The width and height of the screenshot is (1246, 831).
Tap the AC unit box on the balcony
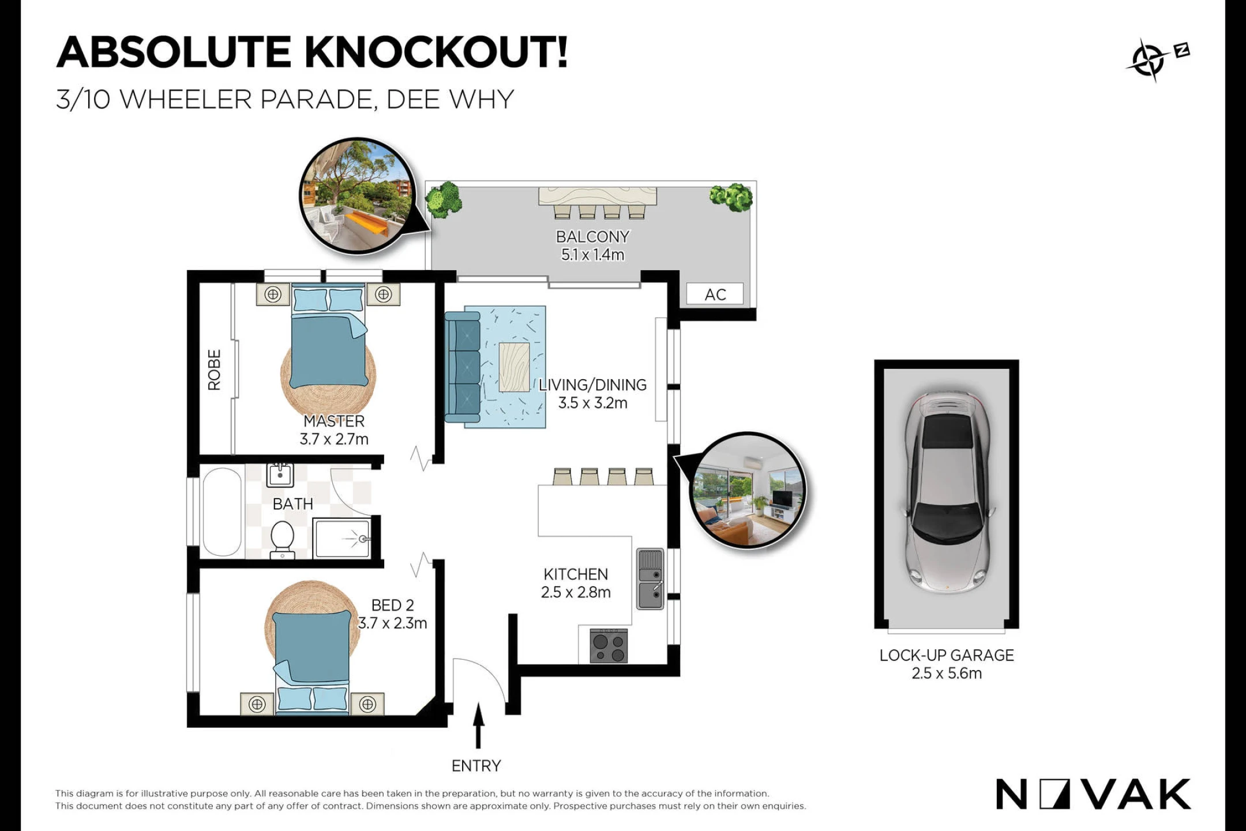715,294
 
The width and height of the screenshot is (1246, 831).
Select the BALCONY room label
592,237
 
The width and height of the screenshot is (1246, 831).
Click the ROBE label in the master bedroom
214,370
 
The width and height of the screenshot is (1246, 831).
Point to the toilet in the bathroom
283,540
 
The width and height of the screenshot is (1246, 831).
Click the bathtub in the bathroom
222,511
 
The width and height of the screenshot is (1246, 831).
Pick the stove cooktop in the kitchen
609,646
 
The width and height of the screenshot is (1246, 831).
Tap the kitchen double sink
650,579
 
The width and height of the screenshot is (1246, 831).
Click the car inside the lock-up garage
947,493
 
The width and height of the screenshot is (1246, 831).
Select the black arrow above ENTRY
478,725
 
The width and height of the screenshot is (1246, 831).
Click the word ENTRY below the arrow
476,766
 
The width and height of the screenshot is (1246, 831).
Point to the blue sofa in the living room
462,366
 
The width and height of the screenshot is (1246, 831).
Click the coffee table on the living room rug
514,367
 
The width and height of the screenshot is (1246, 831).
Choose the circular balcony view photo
358,196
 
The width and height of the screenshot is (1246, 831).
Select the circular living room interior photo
748,490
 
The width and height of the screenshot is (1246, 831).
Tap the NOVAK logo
1093,794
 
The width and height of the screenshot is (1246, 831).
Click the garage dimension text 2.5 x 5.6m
947,673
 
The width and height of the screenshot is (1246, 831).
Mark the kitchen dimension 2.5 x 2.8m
576,592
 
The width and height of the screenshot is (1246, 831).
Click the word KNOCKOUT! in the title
436,52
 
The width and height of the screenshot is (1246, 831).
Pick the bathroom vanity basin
280,475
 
